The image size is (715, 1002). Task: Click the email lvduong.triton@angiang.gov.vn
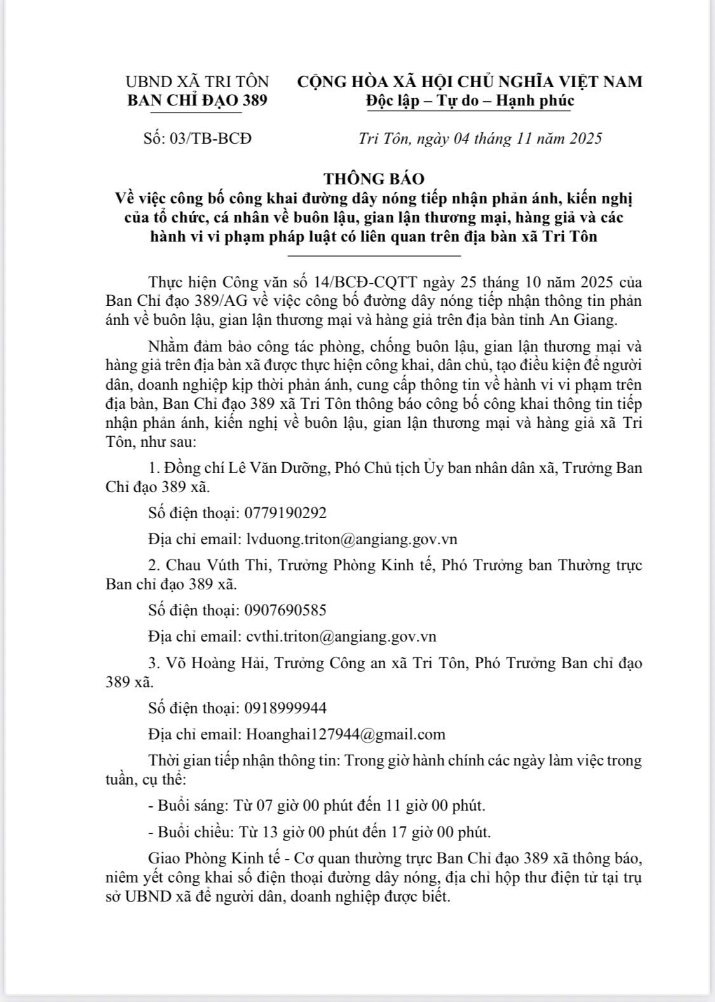(x=351, y=539)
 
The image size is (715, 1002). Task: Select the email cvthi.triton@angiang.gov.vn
(x=341, y=636)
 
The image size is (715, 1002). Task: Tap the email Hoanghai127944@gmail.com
(x=346, y=734)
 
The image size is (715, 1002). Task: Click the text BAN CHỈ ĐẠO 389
(x=198, y=100)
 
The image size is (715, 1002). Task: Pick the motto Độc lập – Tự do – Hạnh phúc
(x=470, y=100)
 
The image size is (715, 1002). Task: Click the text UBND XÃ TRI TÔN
(x=198, y=82)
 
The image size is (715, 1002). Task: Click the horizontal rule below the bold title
(x=374, y=256)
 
